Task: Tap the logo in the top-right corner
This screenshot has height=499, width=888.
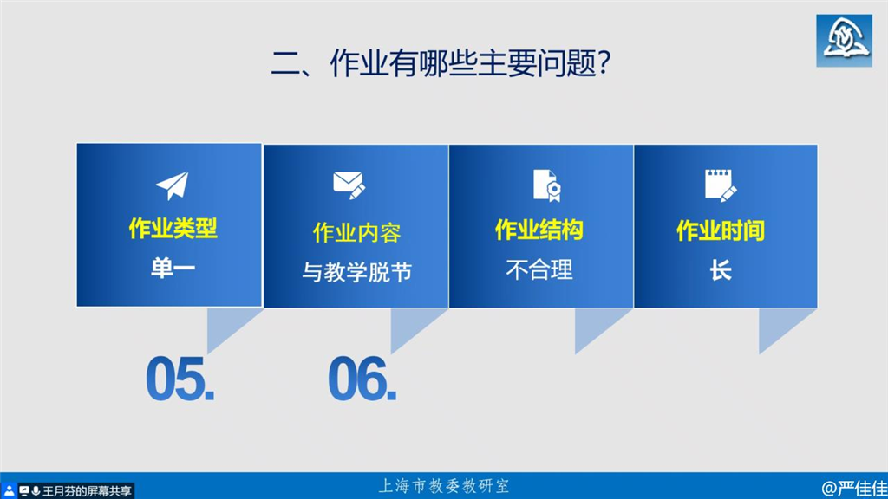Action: click(844, 41)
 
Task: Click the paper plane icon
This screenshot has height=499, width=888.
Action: click(173, 185)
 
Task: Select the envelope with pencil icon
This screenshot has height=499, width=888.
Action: click(349, 185)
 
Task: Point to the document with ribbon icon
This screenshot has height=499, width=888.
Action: click(547, 185)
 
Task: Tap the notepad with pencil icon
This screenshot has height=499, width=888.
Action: click(721, 185)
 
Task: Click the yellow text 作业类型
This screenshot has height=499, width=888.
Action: click(173, 229)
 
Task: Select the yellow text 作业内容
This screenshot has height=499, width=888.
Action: click(356, 233)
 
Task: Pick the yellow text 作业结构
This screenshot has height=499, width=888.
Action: click(539, 230)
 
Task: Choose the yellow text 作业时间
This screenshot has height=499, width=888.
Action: click(721, 230)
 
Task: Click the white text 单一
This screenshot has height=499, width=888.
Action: click(173, 268)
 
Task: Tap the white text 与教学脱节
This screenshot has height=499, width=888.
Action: click(356, 272)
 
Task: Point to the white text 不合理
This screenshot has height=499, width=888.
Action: click(539, 270)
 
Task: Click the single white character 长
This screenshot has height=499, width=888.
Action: click(721, 270)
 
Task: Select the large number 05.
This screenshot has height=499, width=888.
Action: click(180, 379)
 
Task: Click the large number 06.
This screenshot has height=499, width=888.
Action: click(362, 379)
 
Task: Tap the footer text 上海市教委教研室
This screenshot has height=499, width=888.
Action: click(443, 486)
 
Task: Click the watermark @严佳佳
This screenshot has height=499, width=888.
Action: click(854, 488)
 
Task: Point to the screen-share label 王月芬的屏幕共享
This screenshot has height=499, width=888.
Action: click(87, 491)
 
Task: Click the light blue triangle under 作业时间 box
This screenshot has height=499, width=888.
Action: click(779, 326)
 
